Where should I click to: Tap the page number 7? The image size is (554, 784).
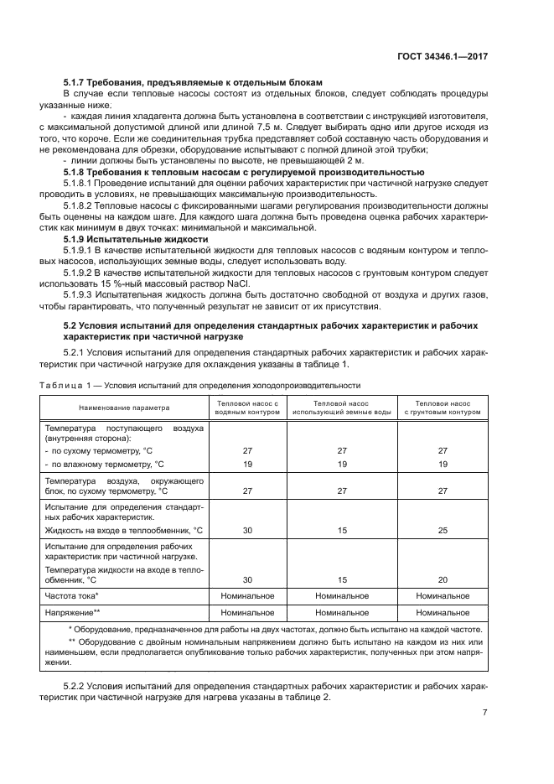click(x=485, y=713)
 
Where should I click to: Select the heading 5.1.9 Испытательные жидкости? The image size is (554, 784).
click(x=136, y=239)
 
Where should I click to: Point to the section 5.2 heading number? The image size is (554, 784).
click(x=72, y=325)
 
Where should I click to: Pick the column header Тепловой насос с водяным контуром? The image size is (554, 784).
click(x=247, y=408)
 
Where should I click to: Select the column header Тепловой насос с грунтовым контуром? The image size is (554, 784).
click(x=443, y=408)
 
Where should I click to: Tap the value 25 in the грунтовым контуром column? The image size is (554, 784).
click(x=443, y=531)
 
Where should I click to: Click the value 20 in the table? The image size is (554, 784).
click(x=443, y=579)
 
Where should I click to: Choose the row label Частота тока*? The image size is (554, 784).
click(x=72, y=596)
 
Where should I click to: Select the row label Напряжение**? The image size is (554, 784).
click(x=73, y=613)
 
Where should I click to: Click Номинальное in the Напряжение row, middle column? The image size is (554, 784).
click(x=342, y=613)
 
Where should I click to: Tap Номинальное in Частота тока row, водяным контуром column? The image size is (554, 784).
click(x=247, y=596)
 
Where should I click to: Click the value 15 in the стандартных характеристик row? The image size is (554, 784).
click(x=342, y=531)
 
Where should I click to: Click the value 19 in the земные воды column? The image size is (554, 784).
click(x=342, y=464)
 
